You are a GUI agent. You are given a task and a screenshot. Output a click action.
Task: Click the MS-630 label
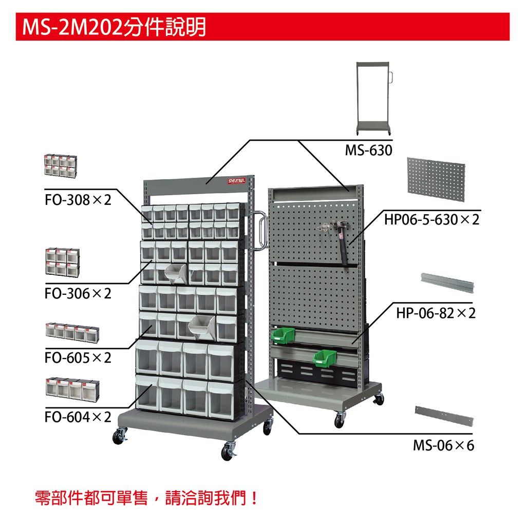tap(368, 150)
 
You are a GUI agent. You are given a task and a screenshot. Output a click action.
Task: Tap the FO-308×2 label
tap(78, 200)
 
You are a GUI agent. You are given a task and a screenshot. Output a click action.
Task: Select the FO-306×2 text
tap(78, 293)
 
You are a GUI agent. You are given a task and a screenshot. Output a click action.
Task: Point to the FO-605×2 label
tap(78, 358)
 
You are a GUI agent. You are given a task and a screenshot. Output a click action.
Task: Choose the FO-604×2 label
tap(78, 417)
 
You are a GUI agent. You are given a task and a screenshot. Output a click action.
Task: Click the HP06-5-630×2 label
tap(431, 220)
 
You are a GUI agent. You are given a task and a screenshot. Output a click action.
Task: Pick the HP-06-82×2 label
tap(436, 313)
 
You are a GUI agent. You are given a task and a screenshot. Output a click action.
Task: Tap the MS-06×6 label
tap(443, 445)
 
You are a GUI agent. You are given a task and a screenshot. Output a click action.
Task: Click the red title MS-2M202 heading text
tap(114, 27)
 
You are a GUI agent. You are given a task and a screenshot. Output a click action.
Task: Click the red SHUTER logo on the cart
tap(236, 181)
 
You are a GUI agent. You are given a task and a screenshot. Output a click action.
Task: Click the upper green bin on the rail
tap(283, 336)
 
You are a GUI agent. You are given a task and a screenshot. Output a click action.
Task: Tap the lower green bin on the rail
tap(324, 358)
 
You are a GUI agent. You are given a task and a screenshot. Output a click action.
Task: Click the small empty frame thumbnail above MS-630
tap(374, 98)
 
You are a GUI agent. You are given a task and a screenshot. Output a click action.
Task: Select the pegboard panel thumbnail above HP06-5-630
tap(436, 179)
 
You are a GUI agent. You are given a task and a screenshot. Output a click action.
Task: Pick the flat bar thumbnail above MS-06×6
tap(444, 416)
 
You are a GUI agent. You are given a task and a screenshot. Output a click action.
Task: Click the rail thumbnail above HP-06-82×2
tap(447, 283)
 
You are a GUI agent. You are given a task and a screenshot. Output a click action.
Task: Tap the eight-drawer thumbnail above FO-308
tap(61, 166)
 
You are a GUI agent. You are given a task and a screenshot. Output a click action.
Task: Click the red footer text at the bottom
tap(146, 497)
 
